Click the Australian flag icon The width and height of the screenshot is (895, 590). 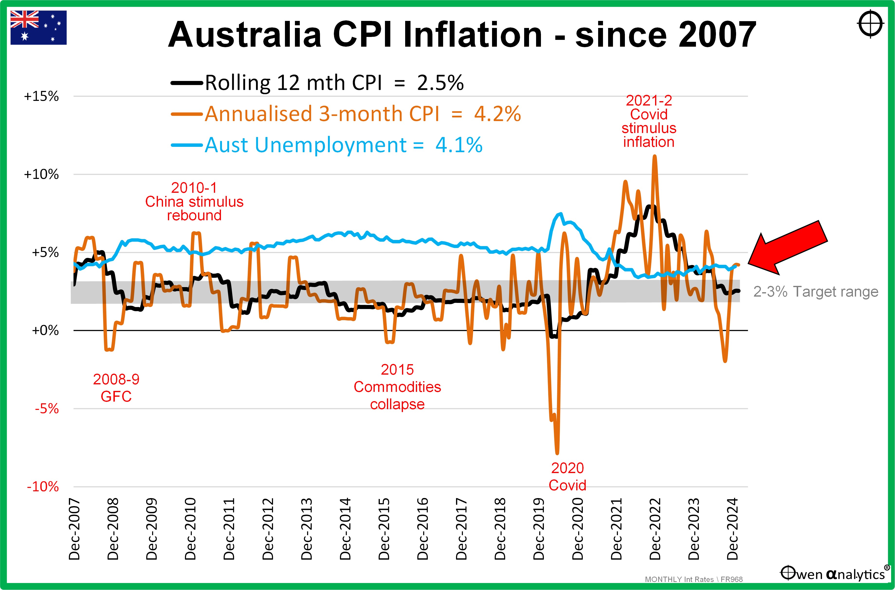[38, 27]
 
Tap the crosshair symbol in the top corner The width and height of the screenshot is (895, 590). [870, 24]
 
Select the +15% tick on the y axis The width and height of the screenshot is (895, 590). [41, 96]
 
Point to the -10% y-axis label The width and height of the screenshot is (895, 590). [43, 487]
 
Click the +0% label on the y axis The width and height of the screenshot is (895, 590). [45, 330]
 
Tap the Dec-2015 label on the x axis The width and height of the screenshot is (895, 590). [384, 529]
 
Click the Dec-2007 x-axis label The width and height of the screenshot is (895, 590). [74, 529]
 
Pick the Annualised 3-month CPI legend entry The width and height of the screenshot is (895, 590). [346, 114]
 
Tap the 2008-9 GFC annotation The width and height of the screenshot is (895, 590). [116, 387]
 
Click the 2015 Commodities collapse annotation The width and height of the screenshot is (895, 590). [397, 387]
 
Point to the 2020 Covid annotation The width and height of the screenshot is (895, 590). [567, 476]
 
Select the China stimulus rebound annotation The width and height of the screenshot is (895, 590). [194, 202]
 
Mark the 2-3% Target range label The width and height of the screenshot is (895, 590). [815, 292]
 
